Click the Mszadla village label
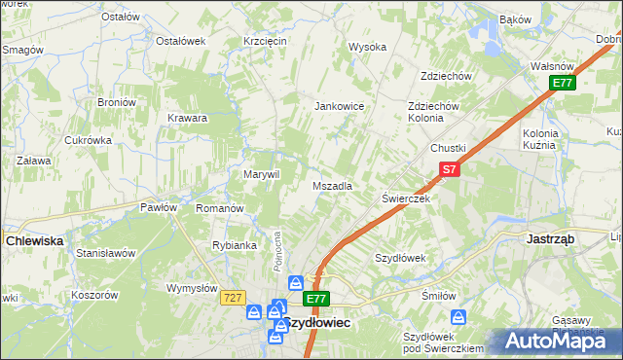332,185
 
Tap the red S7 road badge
447,169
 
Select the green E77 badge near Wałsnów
562,84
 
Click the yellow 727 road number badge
231,297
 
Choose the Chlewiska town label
34,240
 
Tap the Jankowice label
338,106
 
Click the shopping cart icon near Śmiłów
458,316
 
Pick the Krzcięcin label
264,41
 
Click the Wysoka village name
368,47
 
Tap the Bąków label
515,19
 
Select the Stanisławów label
105,253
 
